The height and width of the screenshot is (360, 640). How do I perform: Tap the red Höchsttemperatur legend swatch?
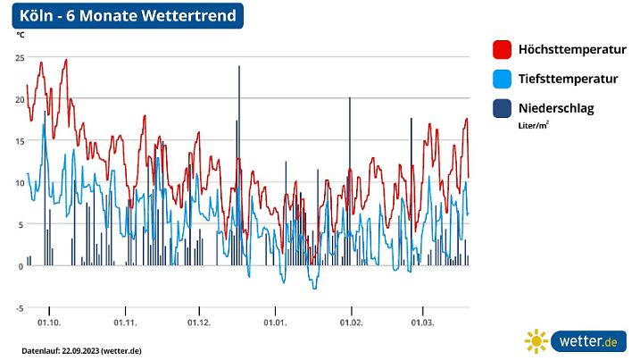click(501, 50)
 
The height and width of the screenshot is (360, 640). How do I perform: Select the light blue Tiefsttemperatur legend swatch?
click(501, 80)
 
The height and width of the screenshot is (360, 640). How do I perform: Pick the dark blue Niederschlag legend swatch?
click(501, 109)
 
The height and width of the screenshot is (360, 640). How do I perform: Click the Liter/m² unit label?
click(533, 126)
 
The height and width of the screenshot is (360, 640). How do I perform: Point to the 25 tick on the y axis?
click(20, 57)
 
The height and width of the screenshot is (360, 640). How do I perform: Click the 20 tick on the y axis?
click(20, 99)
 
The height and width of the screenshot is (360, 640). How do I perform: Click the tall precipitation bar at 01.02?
click(350, 179)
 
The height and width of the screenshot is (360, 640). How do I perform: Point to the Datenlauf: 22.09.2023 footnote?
click(81, 349)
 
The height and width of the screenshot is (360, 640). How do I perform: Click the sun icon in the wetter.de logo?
click(536, 341)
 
